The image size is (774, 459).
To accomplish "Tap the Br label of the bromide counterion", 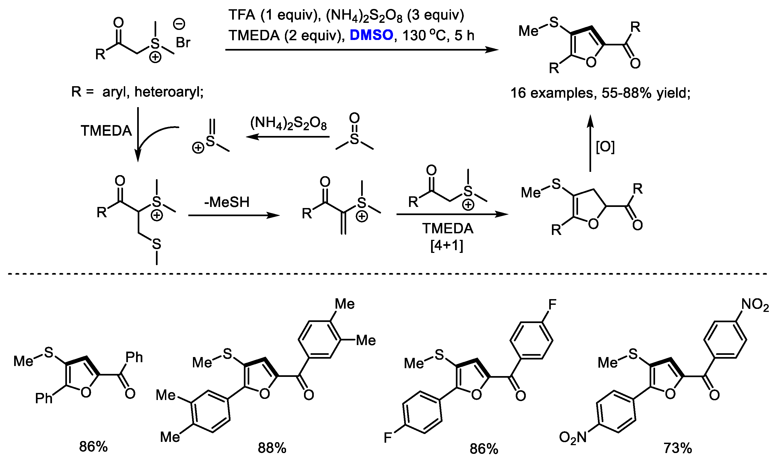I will pyautogui.click(x=183, y=43).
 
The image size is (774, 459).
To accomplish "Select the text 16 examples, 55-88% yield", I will pyautogui.click(x=600, y=93).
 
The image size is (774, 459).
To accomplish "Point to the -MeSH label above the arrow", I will pyautogui.click(x=227, y=202).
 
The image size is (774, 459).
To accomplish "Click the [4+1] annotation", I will pyautogui.click(x=447, y=246).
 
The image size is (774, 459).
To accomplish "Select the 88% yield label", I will pyautogui.click(x=272, y=448).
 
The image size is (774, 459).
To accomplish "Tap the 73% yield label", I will pyautogui.click(x=677, y=448).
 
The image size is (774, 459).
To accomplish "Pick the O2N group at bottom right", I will pyautogui.click(x=573, y=437).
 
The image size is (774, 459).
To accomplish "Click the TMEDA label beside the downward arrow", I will pyautogui.click(x=106, y=131).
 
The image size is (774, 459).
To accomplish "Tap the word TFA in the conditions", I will pyautogui.click(x=242, y=15).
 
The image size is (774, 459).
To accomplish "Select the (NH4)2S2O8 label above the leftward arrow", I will pyautogui.click(x=288, y=123).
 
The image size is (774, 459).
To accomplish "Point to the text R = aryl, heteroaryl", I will pyautogui.click(x=137, y=92).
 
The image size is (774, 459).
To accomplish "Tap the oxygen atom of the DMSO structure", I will pyautogui.click(x=354, y=118).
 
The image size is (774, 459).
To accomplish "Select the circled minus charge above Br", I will pyautogui.click(x=179, y=24).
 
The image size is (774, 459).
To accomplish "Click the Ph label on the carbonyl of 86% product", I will pyautogui.click(x=134, y=358).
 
